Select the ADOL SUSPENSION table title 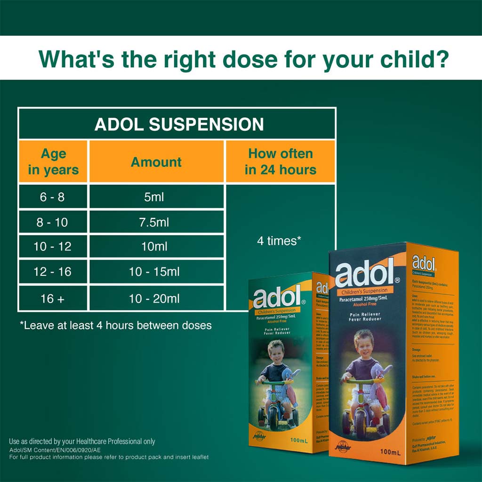(x=179, y=124)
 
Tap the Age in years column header (x=53, y=161)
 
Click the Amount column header (x=156, y=162)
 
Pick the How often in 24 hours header (x=281, y=161)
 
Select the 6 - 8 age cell (x=52, y=197)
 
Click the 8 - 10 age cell (x=52, y=222)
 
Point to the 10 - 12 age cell (x=52, y=247)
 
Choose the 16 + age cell (x=52, y=298)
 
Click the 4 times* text (x=279, y=241)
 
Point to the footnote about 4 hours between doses (x=116, y=325)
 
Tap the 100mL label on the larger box (x=390, y=452)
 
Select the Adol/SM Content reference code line (x=55, y=450)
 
